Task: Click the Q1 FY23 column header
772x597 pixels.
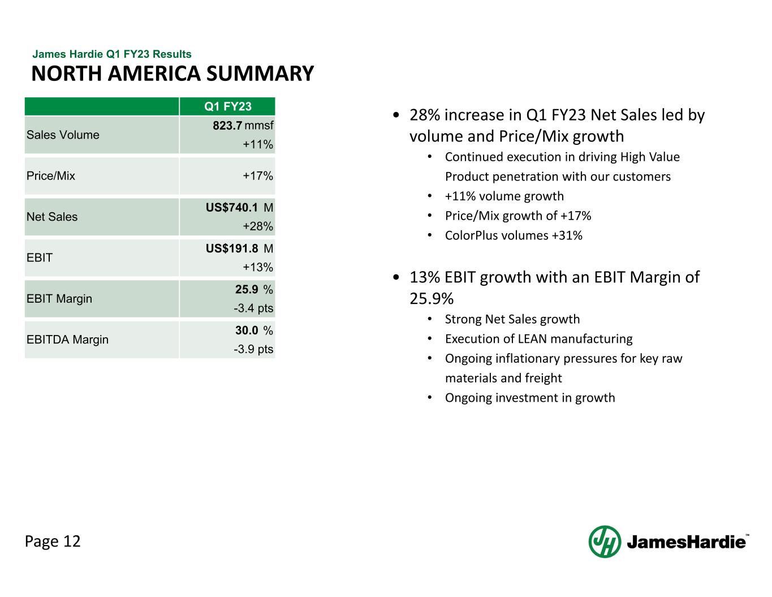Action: coord(227,106)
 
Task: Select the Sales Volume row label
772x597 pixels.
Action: coord(63,135)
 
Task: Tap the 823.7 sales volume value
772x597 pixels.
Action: coord(227,125)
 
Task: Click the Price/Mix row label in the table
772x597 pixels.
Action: coord(51,175)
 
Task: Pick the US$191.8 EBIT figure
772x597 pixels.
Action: coord(232,248)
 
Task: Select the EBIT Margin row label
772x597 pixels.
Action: coord(59,298)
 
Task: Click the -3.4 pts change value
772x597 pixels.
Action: coord(253,308)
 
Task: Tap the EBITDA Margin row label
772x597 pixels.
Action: coord(67,340)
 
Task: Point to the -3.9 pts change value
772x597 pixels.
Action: coord(253,349)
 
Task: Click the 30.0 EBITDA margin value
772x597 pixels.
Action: coord(247,330)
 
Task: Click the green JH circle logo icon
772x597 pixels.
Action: coord(605,542)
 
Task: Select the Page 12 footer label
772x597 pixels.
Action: coord(53,542)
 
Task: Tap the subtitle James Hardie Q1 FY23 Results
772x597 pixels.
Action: coord(112,54)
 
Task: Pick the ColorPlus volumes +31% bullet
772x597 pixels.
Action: coord(514,235)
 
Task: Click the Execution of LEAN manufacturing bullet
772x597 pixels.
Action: coord(538,339)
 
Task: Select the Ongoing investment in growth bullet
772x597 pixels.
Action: coord(530,398)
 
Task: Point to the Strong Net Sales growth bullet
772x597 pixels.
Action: coord(512,319)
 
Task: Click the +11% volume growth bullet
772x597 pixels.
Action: coord(504,196)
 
